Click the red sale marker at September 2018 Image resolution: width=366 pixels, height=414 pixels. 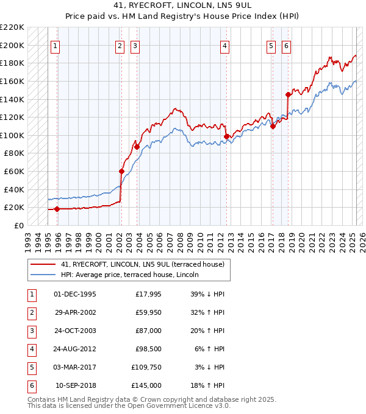(x=288, y=94)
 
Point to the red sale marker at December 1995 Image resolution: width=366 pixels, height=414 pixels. (x=57, y=209)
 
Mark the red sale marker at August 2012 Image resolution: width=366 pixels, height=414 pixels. (x=227, y=136)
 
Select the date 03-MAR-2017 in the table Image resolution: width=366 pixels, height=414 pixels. (x=75, y=367)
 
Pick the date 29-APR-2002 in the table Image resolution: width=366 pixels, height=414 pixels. (x=75, y=313)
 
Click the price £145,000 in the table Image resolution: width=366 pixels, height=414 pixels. (x=147, y=386)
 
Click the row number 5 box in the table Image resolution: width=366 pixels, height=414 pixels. (x=30, y=367)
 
